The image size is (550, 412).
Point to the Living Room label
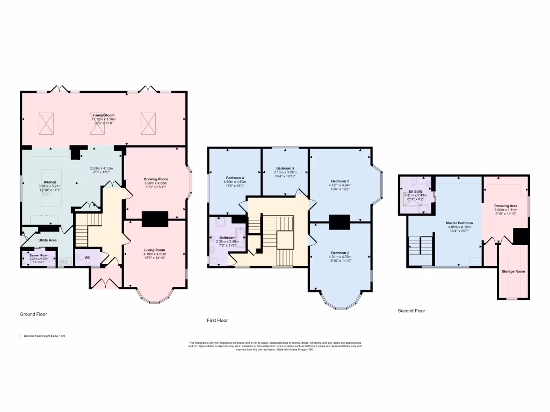coord(156,250)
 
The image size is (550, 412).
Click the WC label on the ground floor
coord(88,257)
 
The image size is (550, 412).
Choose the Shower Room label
coord(39,255)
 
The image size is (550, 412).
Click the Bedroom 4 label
coord(235,178)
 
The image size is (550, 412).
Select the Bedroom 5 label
coord(285,168)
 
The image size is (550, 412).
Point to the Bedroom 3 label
coord(340,181)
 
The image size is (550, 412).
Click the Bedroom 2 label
coord(340,253)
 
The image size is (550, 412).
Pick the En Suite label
coord(415,191)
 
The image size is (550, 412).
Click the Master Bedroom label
coord(459,223)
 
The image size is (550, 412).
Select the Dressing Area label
coord(505,205)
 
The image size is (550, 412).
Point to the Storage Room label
coord(513,271)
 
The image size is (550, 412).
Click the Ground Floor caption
coord(34,314)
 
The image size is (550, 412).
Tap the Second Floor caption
coord(411,311)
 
